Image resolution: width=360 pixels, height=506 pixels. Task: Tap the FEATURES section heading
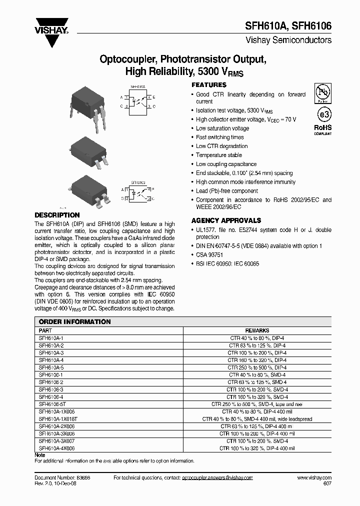[209, 85]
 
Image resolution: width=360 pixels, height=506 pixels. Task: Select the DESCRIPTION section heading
[57, 215]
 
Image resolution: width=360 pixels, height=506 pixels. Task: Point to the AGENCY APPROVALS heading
[226, 220]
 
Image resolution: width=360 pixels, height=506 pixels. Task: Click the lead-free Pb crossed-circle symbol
[322, 93]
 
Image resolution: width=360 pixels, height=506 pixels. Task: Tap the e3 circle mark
[322, 114]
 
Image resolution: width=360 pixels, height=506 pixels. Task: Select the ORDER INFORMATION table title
[75, 322]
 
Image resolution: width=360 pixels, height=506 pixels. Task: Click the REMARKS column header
[257, 330]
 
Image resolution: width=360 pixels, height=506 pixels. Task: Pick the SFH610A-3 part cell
[51, 352]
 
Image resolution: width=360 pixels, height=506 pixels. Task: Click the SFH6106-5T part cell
[52, 404]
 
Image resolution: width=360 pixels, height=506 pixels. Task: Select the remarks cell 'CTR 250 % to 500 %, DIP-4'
[257, 367]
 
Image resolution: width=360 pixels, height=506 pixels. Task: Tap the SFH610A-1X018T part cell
[56, 419]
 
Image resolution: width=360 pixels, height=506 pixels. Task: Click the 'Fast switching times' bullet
[220, 137]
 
